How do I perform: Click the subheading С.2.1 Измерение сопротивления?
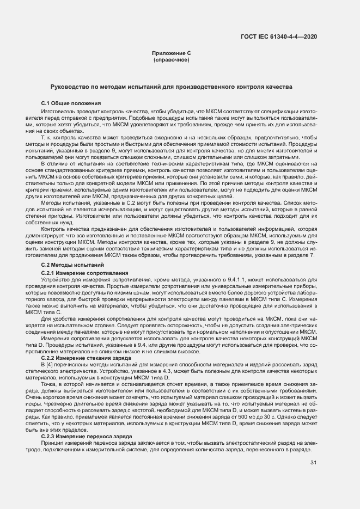[x=84, y=272]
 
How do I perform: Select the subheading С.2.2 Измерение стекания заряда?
[x=86, y=358]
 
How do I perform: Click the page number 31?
[x=313, y=463]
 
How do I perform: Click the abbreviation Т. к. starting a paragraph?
[x=46, y=138]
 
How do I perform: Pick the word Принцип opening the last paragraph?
[x=52, y=443]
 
